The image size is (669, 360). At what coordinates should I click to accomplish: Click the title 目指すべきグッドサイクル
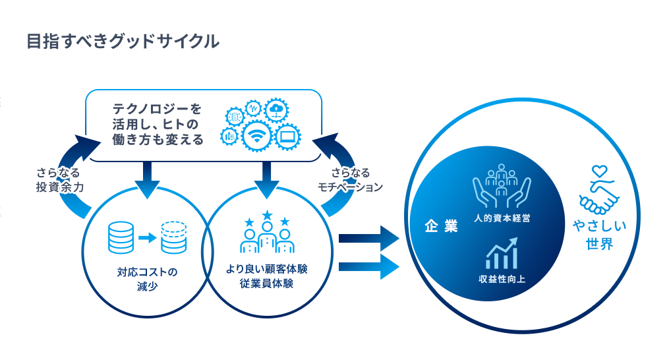(x=123, y=42)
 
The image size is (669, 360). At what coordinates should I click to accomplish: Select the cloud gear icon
(x=276, y=109)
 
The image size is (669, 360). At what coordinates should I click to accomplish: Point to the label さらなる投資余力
(x=59, y=179)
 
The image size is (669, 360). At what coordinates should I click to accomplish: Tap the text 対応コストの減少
(x=148, y=279)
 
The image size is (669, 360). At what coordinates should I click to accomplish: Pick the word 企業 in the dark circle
(x=442, y=226)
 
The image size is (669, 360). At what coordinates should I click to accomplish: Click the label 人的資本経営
(x=502, y=217)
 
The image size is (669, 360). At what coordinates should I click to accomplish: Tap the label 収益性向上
(x=502, y=280)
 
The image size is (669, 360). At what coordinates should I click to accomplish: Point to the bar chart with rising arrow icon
(x=502, y=253)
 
